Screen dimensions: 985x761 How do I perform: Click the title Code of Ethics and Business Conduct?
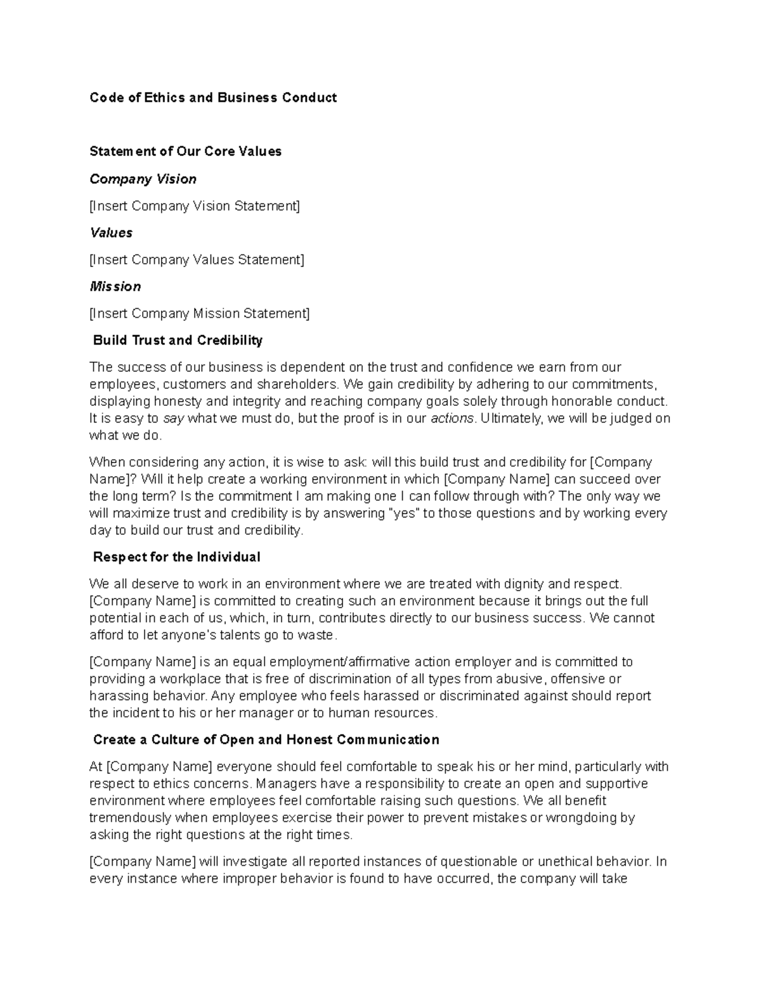(213, 98)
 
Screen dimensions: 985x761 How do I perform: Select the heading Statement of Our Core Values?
(185, 152)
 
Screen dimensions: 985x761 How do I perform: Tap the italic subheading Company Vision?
(143, 179)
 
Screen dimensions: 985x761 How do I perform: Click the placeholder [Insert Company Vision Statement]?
(195, 206)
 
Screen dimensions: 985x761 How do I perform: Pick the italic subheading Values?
(111, 233)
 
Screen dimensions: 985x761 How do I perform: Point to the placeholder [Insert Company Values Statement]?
(197, 260)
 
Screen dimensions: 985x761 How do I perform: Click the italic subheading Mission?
(115, 287)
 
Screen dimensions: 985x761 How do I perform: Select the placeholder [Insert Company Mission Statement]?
(200, 314)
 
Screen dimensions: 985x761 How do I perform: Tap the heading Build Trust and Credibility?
(178, 341)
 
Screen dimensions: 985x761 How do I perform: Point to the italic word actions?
(452, 419)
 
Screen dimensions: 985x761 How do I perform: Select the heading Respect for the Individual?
(176, 558)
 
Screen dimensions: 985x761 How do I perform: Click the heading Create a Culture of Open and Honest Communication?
(266, 740)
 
